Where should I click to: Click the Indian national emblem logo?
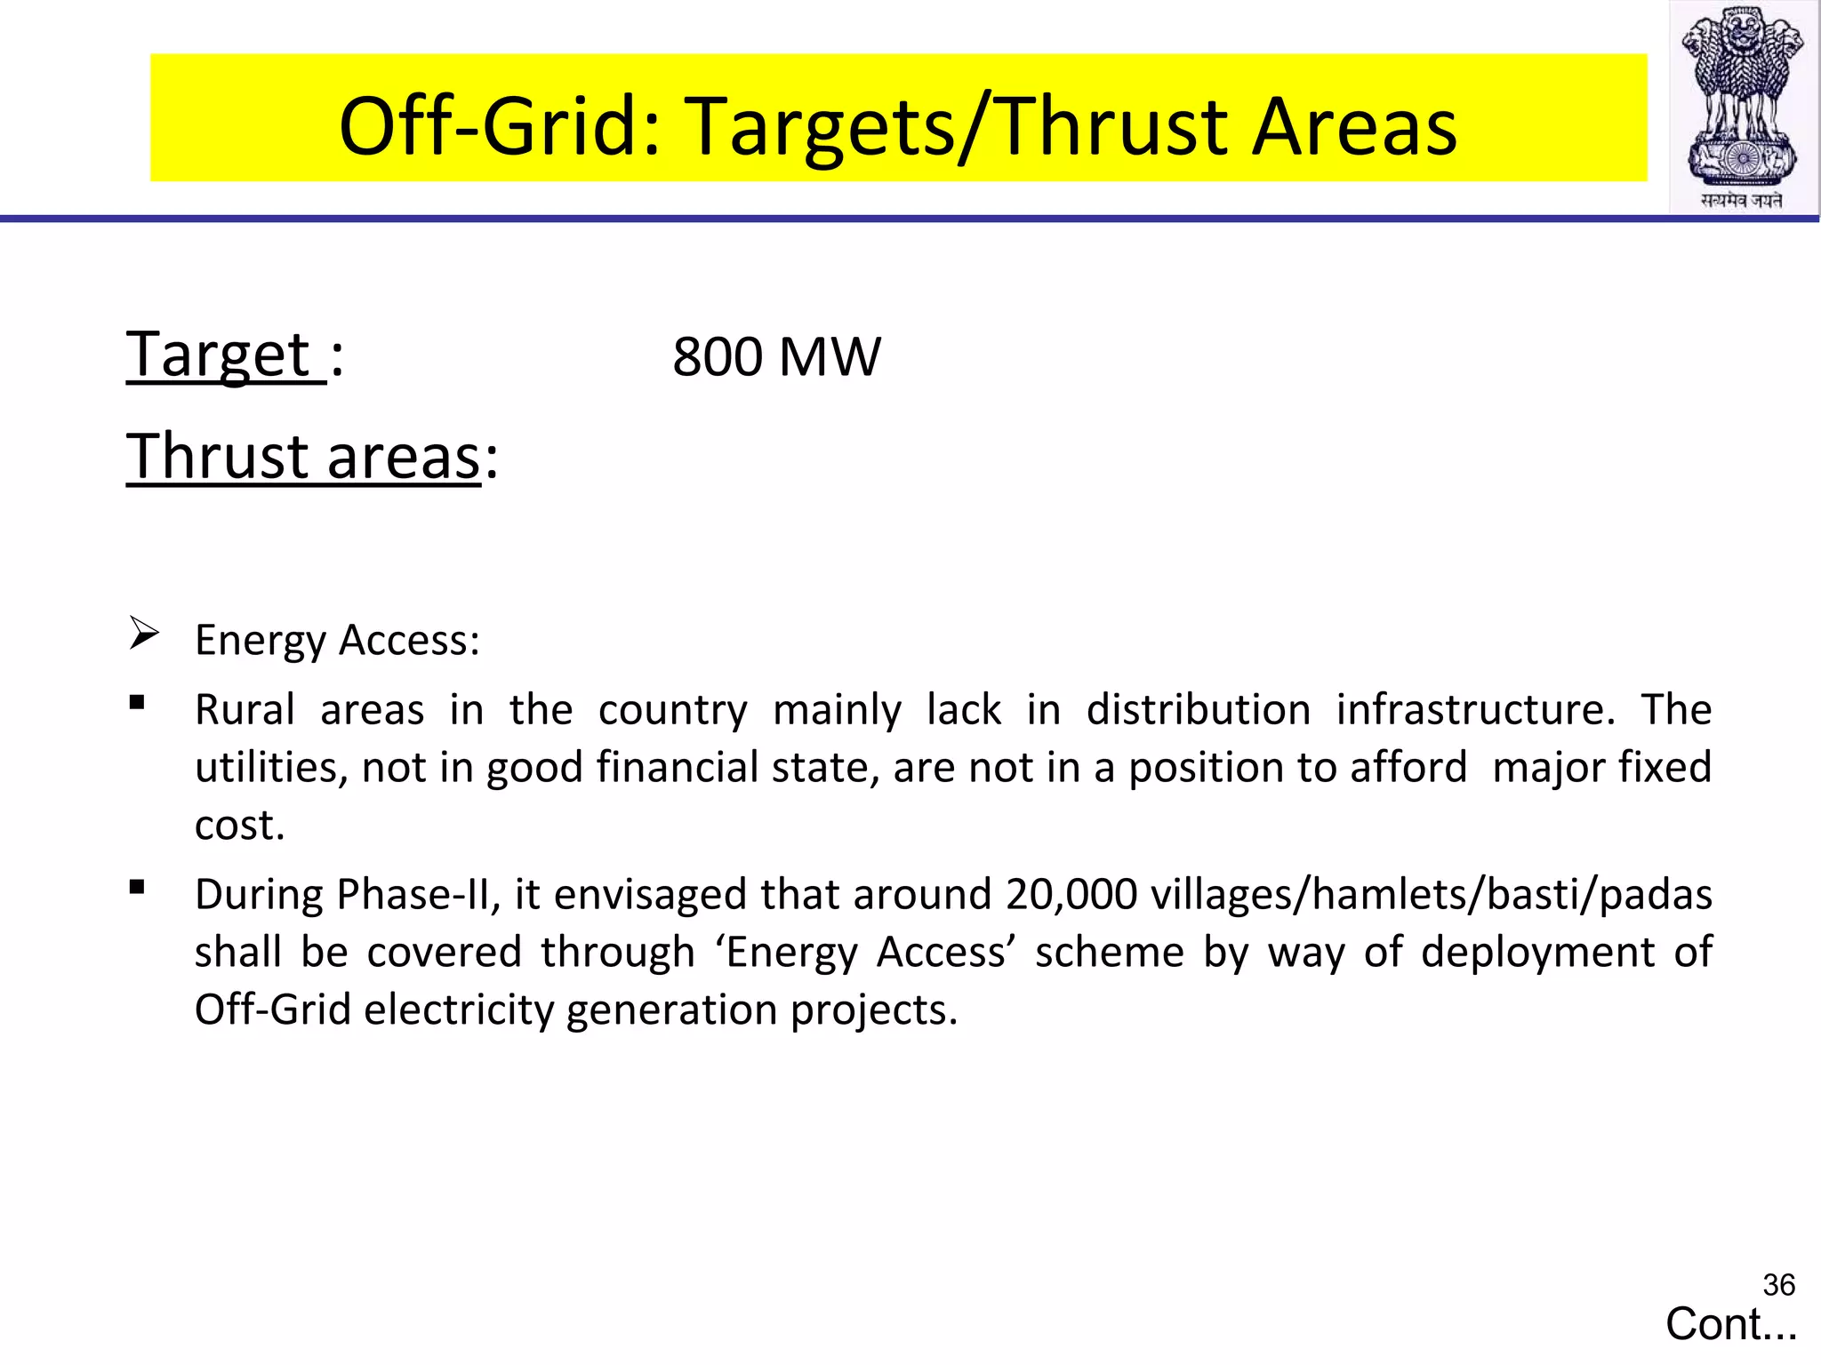pyautogui.click(x=1743, y=98)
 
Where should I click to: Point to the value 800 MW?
pyautogui.click(x=775, y=356)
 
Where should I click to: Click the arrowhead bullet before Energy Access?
pyautogui.click(x=143, y=633)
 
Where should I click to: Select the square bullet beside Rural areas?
pyautogui.click(x=137, y=703)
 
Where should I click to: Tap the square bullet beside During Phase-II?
pyautogui.click(x=137, y=887)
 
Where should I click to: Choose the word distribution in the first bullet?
pyautogui.click(x=1198, y=710)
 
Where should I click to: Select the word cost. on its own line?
pyautogui.click(x=239, y=826)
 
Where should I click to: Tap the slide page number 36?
pyautogui.click(x=1778, y=1285)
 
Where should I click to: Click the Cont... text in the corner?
pyautogui.click(x=1730, y=1324)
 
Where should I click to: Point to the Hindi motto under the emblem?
pyautogui.click(x=1742, y=201)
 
